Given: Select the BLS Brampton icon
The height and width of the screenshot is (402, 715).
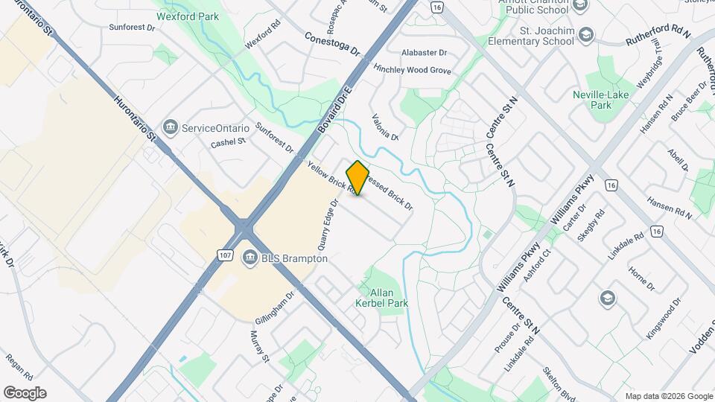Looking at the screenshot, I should click(x=250, y=258).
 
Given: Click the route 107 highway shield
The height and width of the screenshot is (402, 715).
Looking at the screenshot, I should click(x=226, y=255).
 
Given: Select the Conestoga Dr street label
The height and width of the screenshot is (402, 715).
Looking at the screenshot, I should click(x=332, y=44).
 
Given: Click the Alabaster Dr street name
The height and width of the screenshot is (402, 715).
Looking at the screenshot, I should click(x=424, y=53).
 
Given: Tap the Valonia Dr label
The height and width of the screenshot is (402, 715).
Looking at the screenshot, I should click(x=387, y=127).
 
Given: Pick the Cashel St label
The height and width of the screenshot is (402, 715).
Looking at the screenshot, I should click(x=228, y=143).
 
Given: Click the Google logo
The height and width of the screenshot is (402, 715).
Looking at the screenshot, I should click(x=25, y=393).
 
